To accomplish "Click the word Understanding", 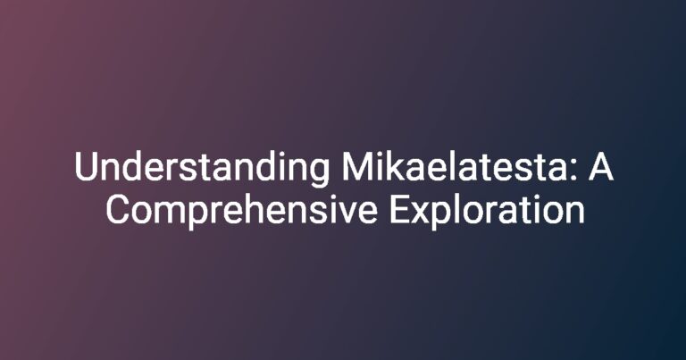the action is tap(201, 170).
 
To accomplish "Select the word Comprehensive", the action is tap(241, 211).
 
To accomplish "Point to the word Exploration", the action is tap(487, 211).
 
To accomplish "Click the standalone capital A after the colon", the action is tap(600, 166).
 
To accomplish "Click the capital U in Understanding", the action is tap(86, 166).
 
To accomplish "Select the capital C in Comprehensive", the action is tap(118, 209).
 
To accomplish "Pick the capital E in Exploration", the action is tap(400, 209).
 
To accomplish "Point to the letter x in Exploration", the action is tap(422, 213).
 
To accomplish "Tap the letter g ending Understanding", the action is tap(319, 173).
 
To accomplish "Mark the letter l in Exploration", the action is tap(459, 208).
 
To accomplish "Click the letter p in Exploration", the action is tap(443, 216).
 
